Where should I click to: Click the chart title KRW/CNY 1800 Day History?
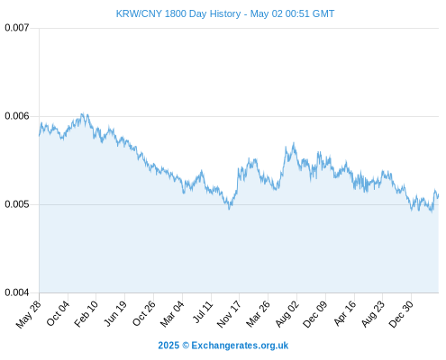(x=178, y=13)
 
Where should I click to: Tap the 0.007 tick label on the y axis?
(x=17, y=28)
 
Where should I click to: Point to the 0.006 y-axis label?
(x=17, y=116)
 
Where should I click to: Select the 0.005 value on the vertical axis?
(x=17, y=204)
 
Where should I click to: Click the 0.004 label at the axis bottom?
(x=17, y=292)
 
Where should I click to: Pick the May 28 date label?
(x=29, y=314)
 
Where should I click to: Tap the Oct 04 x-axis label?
(x=58, y=313)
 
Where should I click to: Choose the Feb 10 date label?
(x=86, y=313)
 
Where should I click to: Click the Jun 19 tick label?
(x=115, y=313)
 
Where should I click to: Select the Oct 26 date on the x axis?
(x=144, y=313)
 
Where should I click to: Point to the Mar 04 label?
(x=172, y=313)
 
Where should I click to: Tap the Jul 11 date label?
(x=203, y=312)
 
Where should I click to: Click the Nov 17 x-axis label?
(x=229, y=314)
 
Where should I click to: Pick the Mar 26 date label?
(x=258, y=313)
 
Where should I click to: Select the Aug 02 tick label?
(x=287, y=313)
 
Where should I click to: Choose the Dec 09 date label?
(x=314, y=314)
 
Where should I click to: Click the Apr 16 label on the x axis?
(x=345, y=313)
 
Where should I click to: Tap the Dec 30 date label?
(x=401, y=314)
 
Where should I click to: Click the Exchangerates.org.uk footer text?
(x=240, y=346)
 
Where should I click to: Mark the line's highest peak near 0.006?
(x=83, y=113)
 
